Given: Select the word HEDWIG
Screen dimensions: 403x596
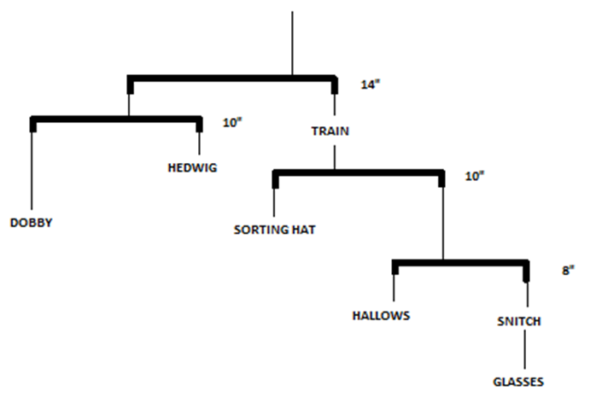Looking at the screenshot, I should click(x=193, y=167).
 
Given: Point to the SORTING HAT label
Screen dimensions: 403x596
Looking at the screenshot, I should click(x=275, y=229).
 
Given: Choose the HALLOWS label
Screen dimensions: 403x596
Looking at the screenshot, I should click(x=382, y=315).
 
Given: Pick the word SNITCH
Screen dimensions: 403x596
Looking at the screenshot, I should click(x=519, y=321).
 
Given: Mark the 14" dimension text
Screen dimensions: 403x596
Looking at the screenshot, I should click(x=369, y=85).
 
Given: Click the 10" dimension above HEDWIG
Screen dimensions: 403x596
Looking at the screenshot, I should click(x=232, y=123).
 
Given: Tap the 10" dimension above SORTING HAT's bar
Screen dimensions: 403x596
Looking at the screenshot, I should click(x=475, y=176).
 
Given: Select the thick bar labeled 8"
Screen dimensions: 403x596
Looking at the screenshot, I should click(x=461, y=262).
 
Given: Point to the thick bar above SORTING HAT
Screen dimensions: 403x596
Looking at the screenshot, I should click(x=359, y=173).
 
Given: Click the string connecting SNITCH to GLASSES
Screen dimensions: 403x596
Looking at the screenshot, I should click(x=525, y=351).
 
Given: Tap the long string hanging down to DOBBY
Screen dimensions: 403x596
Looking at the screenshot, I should click(x=33, y=171).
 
